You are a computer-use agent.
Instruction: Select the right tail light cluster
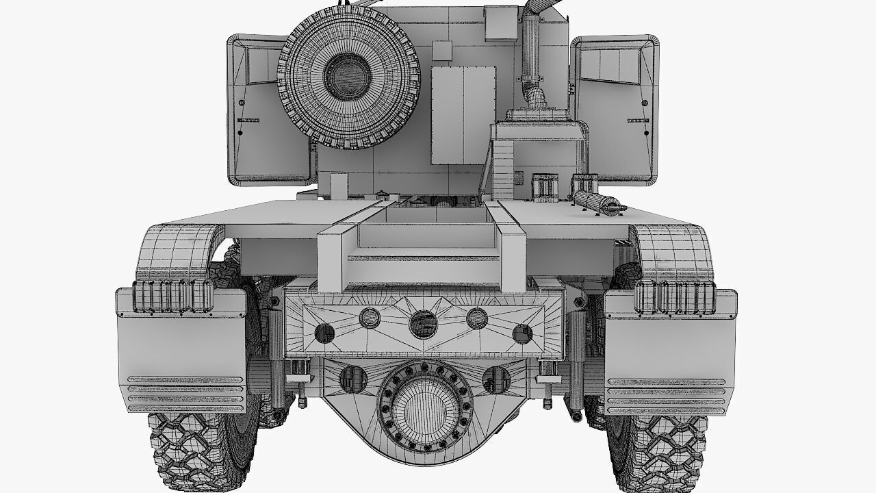(675, 296)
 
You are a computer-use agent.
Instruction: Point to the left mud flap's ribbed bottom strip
(186, 393)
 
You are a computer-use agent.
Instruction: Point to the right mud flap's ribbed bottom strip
(666, 394)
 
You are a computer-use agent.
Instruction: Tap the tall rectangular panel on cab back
(463, 115)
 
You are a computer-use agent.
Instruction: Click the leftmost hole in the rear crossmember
(324, 333)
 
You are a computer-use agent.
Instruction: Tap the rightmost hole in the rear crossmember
(522, 333)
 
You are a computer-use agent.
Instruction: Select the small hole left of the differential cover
(352, 379)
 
